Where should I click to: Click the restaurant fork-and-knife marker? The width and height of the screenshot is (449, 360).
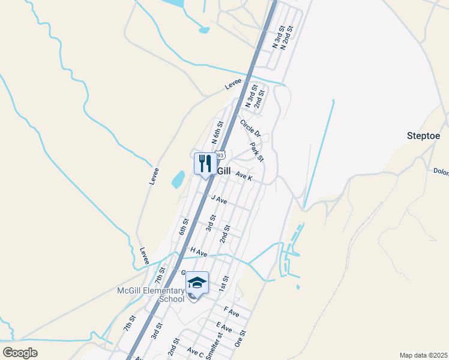point(205,163)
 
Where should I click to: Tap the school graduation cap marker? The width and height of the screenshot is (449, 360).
point(197,282)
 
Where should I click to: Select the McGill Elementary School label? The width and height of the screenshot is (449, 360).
point(151,295)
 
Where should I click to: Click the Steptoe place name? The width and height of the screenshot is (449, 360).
point(423,136)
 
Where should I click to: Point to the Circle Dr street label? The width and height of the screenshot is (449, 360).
point(250,128)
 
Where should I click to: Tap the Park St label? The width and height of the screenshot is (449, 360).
point(257,152)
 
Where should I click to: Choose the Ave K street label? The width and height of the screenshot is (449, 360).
point(244,176)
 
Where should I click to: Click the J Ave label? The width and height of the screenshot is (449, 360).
point(218,199)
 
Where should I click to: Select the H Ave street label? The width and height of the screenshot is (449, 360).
point(199,253)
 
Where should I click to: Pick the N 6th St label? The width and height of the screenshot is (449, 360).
point(218,133)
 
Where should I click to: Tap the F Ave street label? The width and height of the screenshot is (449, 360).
point(232,313)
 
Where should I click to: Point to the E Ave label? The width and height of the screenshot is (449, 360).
point(224,328)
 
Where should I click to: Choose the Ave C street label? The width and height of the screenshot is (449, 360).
point(195,351)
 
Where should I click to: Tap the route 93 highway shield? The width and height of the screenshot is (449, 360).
point(220,155)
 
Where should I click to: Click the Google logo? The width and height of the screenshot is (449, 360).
point(20,353)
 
